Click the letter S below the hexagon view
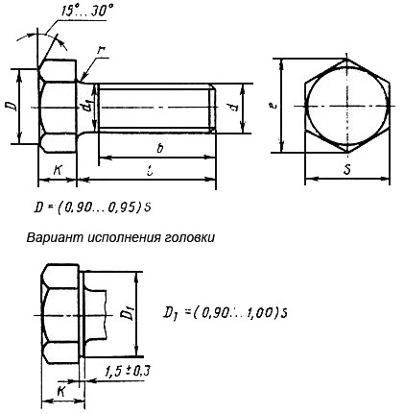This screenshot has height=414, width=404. point(346,170)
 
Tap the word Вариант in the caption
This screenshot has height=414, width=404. point(63,234)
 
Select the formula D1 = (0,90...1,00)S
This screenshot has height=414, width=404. point(226,311)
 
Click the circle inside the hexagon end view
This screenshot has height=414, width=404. point(347,107)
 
